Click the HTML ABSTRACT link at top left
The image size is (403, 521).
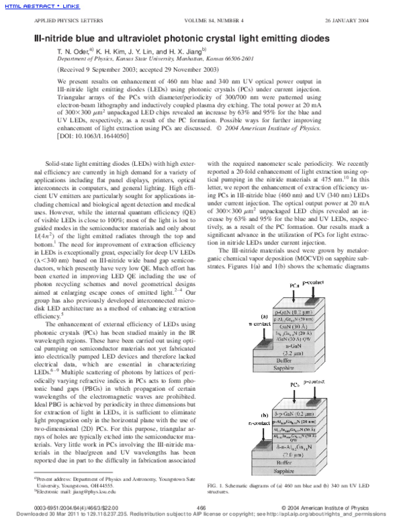(19, 5)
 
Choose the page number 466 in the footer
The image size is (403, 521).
(200, 506)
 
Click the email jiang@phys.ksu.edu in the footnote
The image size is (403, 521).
(93, 492)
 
